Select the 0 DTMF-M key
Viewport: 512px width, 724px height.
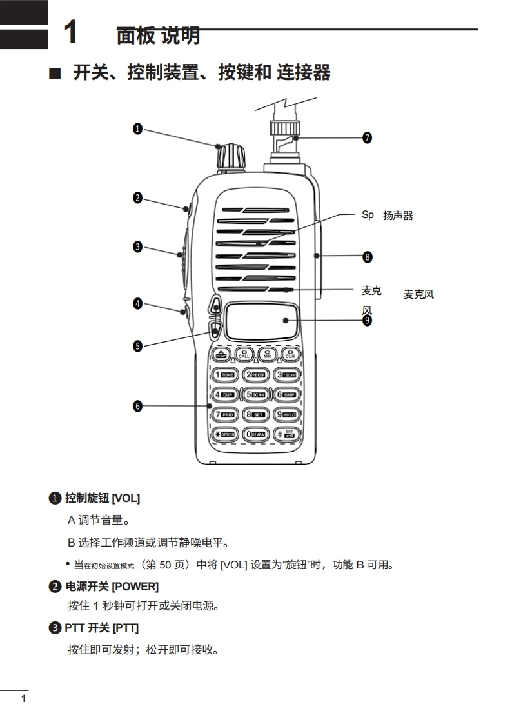[255, 434]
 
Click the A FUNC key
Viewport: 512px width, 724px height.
[221, 354]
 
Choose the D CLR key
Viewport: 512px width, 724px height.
[290, 354]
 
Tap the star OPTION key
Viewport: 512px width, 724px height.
[225, 434]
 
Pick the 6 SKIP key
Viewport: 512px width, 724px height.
[286, 395]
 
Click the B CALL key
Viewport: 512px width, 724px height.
[244, 354]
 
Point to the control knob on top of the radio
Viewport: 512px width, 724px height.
[231, 157]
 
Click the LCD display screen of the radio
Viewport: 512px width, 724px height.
[262, 321]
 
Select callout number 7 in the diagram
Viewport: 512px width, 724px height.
[367, 137]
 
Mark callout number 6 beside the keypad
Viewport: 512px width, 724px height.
[137, 407]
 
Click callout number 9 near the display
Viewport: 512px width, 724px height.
[367, 320]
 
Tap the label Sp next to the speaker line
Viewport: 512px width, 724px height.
[368, 216]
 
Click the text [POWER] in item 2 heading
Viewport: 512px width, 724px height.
[135, 587]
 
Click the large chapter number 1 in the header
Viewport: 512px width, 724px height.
[71, 32]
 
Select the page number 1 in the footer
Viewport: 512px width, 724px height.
[24, 699]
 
